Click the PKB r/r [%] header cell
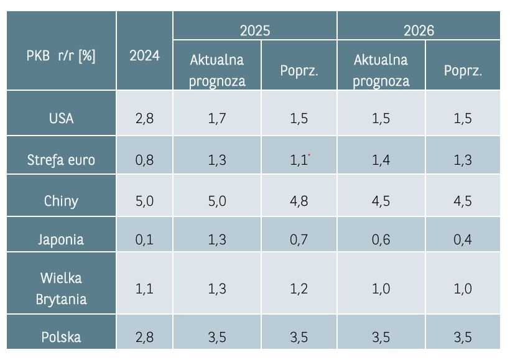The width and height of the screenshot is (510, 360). click(61, 55)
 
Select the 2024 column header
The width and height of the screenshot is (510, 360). click(144, 55)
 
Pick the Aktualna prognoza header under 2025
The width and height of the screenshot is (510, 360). click(218, 70)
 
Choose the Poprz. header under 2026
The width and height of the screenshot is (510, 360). click(463, 70)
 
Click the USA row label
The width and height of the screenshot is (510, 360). click(61, 118)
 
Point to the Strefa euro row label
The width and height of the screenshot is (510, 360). click(61, 160)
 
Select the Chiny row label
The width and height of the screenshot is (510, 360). click(61, 201)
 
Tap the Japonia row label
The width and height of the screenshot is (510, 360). click(61, 239)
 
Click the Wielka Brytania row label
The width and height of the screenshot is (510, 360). click(61, 288)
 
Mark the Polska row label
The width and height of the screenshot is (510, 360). click(61, 338)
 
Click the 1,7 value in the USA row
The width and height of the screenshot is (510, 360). click(218, 118)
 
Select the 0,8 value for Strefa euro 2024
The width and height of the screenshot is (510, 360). click(144, 160)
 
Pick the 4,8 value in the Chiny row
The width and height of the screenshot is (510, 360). click(299, 201)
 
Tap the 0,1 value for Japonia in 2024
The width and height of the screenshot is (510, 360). click(144, 239)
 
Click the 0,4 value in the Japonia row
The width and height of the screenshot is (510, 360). click(463, 239)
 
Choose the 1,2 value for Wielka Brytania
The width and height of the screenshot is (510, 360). click(299, 288)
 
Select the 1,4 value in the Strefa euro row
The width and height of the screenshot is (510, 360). click(381, 160)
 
